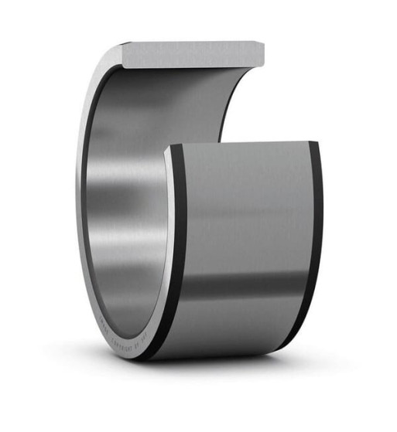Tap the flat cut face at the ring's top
[193, 54]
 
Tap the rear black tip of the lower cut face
[313, 144]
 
